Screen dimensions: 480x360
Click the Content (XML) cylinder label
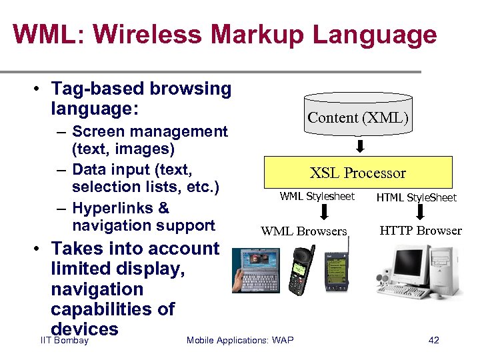357,118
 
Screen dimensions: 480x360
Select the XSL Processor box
358,173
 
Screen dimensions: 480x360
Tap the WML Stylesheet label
317,197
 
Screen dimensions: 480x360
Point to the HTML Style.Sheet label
416,197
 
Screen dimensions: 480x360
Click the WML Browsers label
304,231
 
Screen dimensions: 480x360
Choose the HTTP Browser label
420,231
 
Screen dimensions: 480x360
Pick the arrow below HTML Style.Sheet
420,212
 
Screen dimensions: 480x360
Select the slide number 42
433,341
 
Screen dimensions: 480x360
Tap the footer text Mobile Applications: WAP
239,341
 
